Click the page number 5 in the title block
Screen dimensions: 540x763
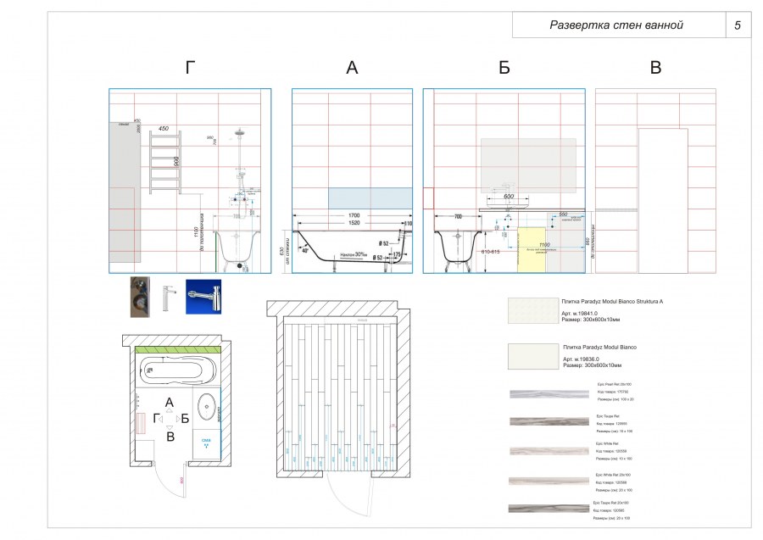737,25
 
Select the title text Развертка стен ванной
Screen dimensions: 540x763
615,25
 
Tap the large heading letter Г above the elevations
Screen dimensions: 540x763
191,69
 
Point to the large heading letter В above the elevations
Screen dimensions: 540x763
655,69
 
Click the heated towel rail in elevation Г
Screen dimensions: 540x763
164,162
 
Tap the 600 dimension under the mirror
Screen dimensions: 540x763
509,197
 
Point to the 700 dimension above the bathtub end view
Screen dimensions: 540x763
458,217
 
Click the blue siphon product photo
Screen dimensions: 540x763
203,298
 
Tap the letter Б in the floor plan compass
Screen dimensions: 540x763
184,418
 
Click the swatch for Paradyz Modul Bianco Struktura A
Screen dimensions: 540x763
532,310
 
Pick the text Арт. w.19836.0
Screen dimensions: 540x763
579,359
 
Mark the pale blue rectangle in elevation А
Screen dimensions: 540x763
370,198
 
